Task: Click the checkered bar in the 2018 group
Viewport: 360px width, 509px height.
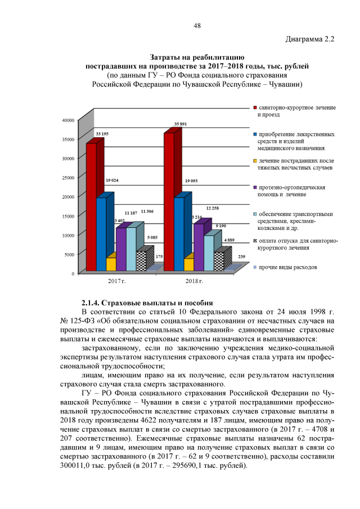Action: tap(218, 262)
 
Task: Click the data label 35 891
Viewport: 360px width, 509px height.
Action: tap(181, 123)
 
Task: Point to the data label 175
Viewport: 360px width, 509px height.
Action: tap(159, 256)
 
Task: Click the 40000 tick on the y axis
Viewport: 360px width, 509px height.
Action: tap(67, 120)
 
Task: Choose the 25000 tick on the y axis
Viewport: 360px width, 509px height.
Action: tap(67, 178)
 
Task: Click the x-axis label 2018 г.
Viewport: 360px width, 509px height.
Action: tap(193, 280)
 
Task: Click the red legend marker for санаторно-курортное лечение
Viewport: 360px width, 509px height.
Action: tap(255, 107)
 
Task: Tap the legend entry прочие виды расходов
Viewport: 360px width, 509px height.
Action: tap(287, 267)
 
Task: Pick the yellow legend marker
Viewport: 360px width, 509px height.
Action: tap(255, 162)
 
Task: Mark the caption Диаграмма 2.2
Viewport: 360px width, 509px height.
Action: tap(310, 39)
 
